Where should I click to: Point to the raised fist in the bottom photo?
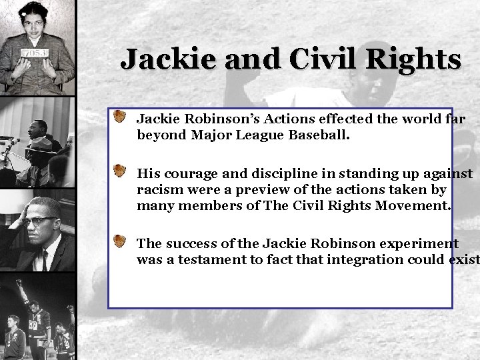(19, 283)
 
